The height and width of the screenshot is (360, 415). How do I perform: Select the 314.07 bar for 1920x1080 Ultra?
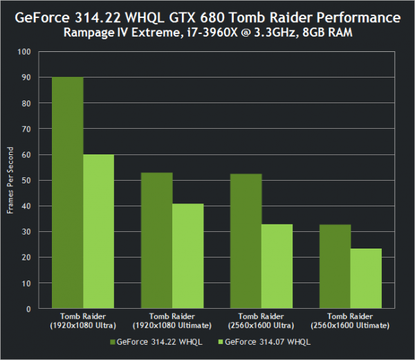click(99, 232)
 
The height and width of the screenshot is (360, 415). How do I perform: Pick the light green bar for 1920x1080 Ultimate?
click(188, 256)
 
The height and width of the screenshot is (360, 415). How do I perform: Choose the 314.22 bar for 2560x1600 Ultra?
click(247, 242)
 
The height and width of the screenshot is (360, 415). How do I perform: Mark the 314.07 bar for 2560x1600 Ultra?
click(277, 267)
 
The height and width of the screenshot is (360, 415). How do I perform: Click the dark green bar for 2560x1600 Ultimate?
click(336, 267)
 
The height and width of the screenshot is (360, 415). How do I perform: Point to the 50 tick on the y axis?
click(27, 181)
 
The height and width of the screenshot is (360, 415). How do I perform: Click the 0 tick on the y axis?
click(29, 309)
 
